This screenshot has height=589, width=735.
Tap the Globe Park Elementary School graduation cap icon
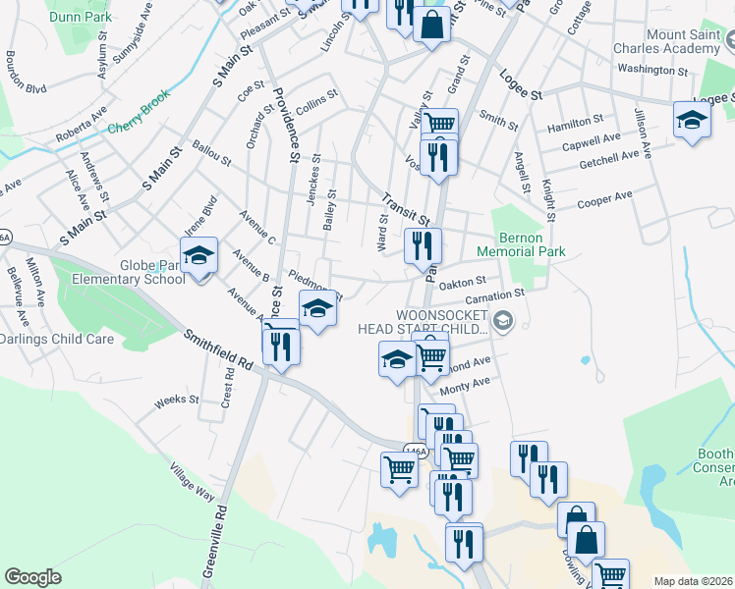199,257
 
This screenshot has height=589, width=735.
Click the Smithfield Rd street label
217,349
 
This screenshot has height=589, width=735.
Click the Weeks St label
177,401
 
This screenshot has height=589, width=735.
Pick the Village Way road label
191,481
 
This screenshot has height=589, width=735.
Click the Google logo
32,577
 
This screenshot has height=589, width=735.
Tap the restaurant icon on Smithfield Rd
281,346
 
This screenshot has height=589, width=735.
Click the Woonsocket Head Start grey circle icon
503,321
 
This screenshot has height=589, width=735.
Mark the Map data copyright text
693,580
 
